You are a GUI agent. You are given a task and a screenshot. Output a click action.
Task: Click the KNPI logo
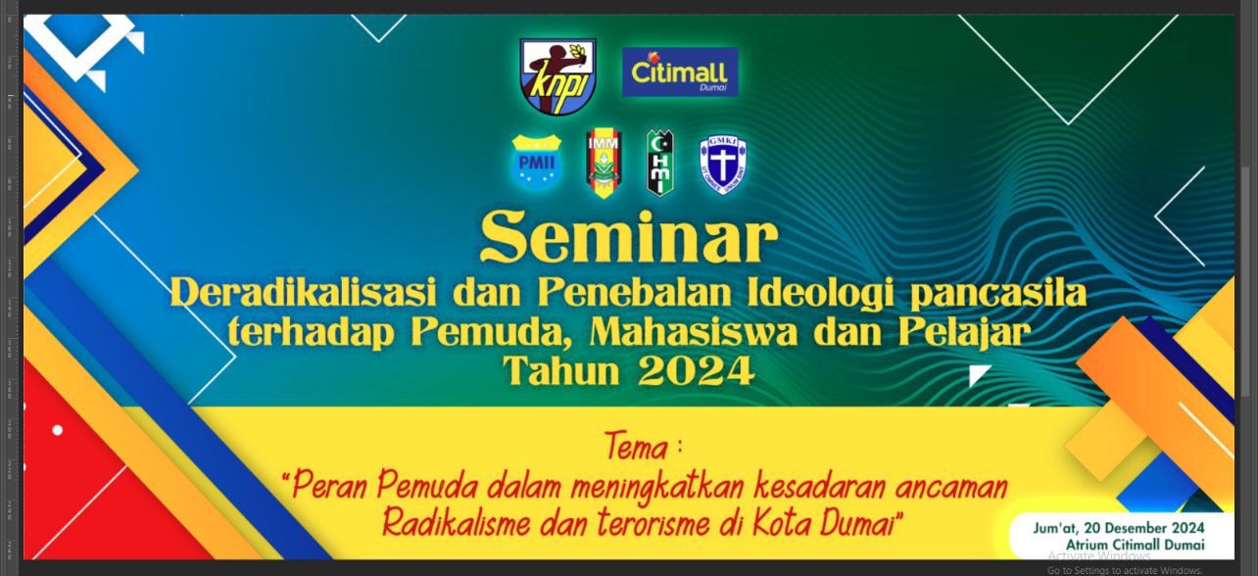click(557, 75)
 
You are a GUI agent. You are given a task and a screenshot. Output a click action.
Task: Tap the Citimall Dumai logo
click(680, 72)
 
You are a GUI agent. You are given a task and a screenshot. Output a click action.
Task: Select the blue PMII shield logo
click(537, 162)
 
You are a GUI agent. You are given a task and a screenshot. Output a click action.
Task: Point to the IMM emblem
click(604, 164)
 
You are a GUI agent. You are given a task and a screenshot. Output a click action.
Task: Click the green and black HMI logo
click(660, 163)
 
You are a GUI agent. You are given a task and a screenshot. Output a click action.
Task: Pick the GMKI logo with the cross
click(723, 167)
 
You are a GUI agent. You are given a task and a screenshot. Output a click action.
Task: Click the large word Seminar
click(629, 238)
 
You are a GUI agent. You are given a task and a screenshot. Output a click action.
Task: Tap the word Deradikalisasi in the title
click(304, 293)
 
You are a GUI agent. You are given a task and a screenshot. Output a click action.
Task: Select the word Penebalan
click(635, 293)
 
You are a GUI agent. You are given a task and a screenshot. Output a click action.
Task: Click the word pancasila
click(998, 294)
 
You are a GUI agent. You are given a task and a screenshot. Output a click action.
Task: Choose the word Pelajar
click(964, 333)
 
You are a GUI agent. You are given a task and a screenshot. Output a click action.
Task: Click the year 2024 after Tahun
click(696, 371)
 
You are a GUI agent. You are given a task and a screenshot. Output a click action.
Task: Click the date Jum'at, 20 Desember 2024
click(1119, 528)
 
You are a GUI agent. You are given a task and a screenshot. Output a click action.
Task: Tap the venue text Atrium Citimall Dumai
click(1136, 545)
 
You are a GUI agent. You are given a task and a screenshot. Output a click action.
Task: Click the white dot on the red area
click(57, 431)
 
